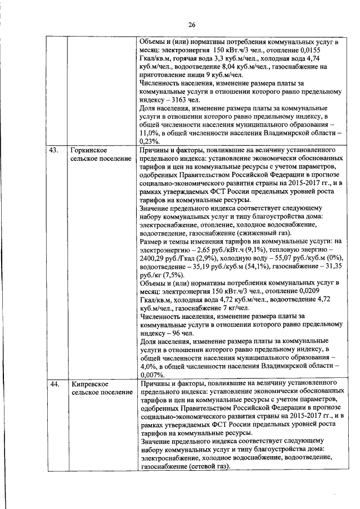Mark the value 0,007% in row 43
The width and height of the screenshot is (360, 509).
coord(151,375)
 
